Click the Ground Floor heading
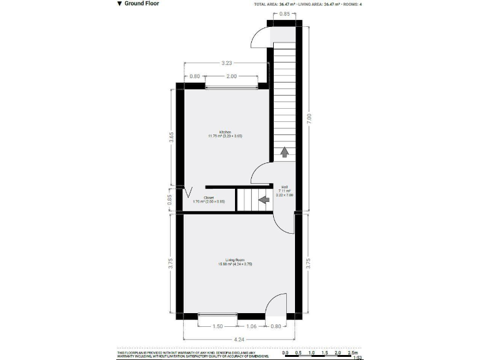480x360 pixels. [x=138, y=4]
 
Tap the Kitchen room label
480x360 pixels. [x=225, y=132]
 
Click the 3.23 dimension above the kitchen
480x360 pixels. [x=227, y=62]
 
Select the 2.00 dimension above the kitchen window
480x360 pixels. [x=231, y=76]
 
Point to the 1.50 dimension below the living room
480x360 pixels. [x=217, y=326]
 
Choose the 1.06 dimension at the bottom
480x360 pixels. [x=251, y=326]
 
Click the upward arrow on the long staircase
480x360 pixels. [x=284, y=152]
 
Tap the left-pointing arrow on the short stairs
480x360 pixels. [x=263, y=200]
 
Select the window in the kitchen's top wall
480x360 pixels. [x=231, y=86]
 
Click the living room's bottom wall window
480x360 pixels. [x=217, y=316]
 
